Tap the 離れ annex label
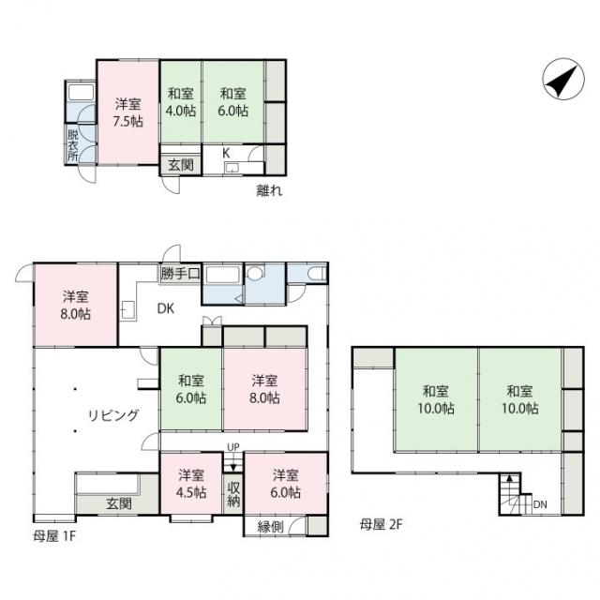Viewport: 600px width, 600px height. pyautogui.click(x=269, y=190)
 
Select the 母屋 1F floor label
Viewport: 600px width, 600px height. pyautogui.click(x=54, y=536)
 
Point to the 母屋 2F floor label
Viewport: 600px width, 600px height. pyautogui.click(x=381, y=524)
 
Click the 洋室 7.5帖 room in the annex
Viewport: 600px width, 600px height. pyautogui.click(x=127, y=112)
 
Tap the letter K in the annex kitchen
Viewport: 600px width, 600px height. pyautogui.click(x=226, y=154)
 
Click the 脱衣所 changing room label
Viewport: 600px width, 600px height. pyautogui.click(x=73, y=145)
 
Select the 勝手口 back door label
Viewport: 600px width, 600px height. pyautogui.click(x=180, y=273)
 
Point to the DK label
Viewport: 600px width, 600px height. pyautogui.click(x=166, y=308)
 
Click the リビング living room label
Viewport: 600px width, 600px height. pyautogui.click(x=113, y=415)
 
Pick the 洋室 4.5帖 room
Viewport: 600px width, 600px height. pyautogui.click(x=191, y=483)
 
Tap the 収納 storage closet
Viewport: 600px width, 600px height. pyautogui.click(x=233, y=494)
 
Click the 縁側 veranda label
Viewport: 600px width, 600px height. pyautogui.click(x=271, y=527)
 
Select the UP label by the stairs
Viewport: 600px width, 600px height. pyautogui.click(x=233, y=447)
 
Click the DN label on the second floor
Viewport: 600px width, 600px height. pyautogui.click(x=540, y=504)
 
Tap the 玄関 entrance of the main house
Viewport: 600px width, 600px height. pyautogui.click(x=119, y=503)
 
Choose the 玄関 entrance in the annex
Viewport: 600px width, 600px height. pyautogui.click(x=181, y=165)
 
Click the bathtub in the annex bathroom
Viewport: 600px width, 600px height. pyautogui.click(x=81, y=92)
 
